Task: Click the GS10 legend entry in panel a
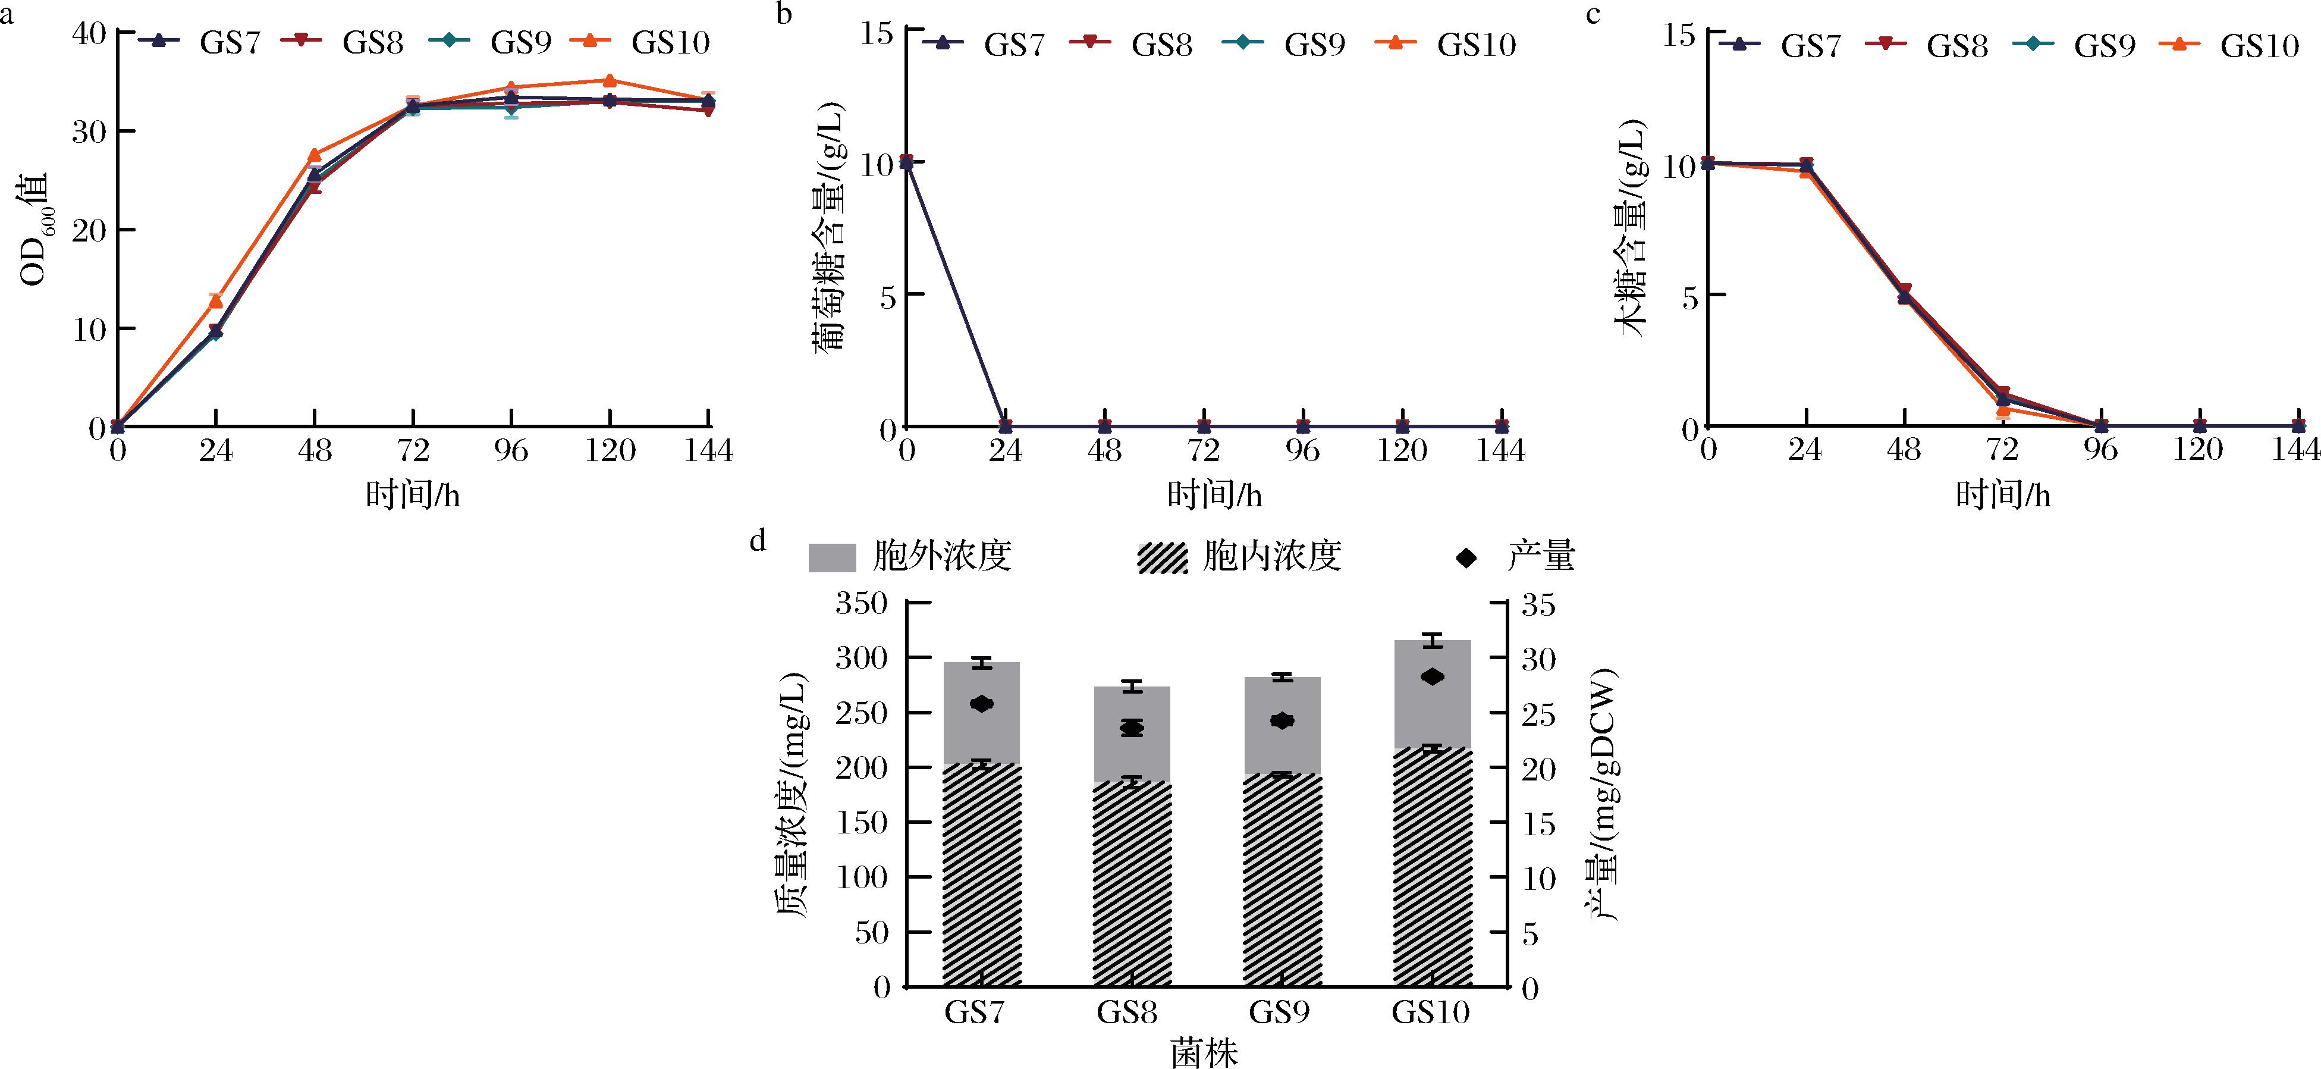670,42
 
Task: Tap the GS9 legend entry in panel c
2105,46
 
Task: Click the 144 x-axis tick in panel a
708,450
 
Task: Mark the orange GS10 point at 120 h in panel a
610,81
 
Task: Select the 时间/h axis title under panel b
1214,495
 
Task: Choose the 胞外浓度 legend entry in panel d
941,557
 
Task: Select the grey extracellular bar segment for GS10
1432,694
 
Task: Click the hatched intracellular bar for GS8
1132,883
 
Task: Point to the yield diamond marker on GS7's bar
982,704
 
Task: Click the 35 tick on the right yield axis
1537,604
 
